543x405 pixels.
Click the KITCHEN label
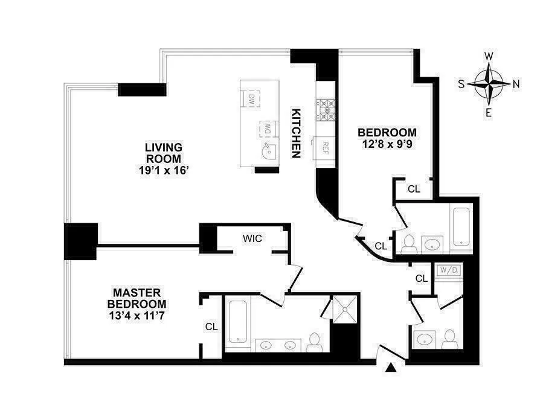click(296, 133)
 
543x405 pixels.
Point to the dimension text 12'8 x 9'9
click(387, 145)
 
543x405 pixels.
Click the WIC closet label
click(252, 238)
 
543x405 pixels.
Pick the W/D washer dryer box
click(448, 270)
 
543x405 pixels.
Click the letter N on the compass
click(515, 85)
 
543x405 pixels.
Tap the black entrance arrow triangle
click(391, 366)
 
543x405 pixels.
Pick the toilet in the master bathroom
click(313, 343)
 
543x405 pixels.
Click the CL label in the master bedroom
click(211, 327)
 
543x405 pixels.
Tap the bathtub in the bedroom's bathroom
click(461, 226)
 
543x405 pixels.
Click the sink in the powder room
click(425, 338)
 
